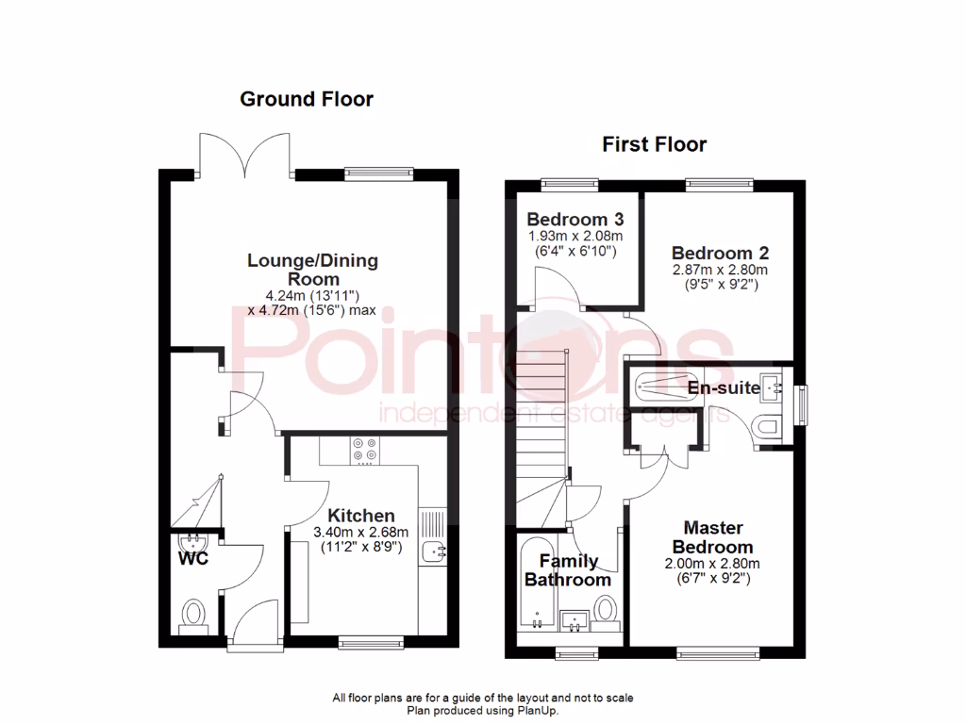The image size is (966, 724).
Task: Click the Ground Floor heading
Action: (x=307, y=99)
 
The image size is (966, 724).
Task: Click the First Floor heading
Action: (x=655, y=144)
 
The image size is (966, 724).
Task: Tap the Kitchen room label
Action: (x=361, y=516)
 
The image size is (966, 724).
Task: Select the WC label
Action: (x=194, y=558)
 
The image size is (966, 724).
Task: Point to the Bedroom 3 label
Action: (x=575, y=219)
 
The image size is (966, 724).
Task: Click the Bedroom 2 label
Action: (x=720, y=253)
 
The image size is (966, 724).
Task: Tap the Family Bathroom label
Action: (x=568, y=570)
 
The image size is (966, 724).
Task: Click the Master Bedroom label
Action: (x=713, y=537)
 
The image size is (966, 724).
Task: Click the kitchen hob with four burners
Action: (x=364, y=451)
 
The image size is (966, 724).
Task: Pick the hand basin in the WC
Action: (x=194, y=542)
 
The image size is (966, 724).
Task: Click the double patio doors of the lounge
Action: (x=247, y=156)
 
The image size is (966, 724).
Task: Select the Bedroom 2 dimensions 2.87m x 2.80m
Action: (x=720, y=269)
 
